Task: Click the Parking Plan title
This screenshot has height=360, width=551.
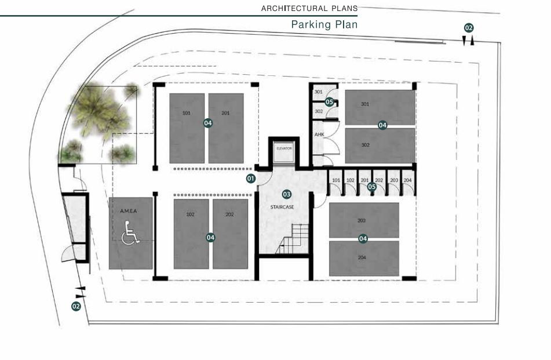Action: coord(324,24)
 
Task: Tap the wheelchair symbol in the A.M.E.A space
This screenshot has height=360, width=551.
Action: coord(130,232)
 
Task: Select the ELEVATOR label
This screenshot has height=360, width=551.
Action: coord(284,149)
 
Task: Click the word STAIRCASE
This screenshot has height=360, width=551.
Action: coord(282,207)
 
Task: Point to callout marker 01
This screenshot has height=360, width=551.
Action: coord(250,179)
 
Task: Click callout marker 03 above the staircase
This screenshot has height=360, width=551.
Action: coord(287,194)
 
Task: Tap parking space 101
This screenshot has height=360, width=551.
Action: coord(187,128)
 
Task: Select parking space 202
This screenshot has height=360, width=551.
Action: coord(230,234)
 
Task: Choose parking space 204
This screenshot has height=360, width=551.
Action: coord(364,259)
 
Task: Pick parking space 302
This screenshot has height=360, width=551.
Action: coord(380,146)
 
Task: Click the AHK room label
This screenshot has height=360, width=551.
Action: coord(319,134)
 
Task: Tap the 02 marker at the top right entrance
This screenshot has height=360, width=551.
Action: coord(469,28)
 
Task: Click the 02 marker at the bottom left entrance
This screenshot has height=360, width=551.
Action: coord(76,306)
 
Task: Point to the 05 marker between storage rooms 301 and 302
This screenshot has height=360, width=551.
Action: coord(329,102)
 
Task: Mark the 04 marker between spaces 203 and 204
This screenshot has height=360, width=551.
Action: coord(363,239)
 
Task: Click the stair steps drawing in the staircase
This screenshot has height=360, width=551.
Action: coord(293,239)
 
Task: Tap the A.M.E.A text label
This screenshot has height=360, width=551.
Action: coord(129,211)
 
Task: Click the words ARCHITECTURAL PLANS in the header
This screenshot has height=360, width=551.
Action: coord(309,9)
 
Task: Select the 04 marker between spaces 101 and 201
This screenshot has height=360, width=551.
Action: coord(208,123)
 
